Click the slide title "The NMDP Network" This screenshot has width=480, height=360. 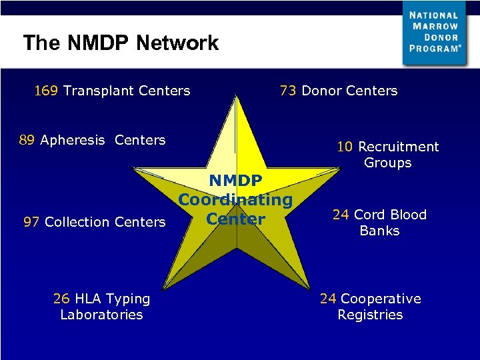[x=121, y=43]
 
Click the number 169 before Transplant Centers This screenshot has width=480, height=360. [x=46, y=91]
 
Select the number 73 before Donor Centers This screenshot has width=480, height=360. [x=289, y=91]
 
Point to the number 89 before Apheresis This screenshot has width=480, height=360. [x=27, y=140]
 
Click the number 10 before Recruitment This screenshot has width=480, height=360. [x=345, y=147]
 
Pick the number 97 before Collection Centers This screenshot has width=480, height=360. [x=31, y=222]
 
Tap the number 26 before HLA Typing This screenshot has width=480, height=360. [x=61, y=299]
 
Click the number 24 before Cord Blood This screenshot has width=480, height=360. [x=341, y=215]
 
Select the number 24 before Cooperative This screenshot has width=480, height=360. [x=328, y=299]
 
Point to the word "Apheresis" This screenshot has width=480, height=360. [x=73, y=140]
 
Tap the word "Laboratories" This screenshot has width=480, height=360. [x=101, y=315]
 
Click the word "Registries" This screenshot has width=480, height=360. [x=370, y=315]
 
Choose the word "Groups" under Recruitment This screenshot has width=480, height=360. [x=387, y=163]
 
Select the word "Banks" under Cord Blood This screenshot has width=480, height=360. [x=379, y=231]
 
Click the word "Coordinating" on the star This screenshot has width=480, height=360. [x=235, y=199]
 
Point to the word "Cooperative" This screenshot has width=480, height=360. [x=381, y=299]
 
